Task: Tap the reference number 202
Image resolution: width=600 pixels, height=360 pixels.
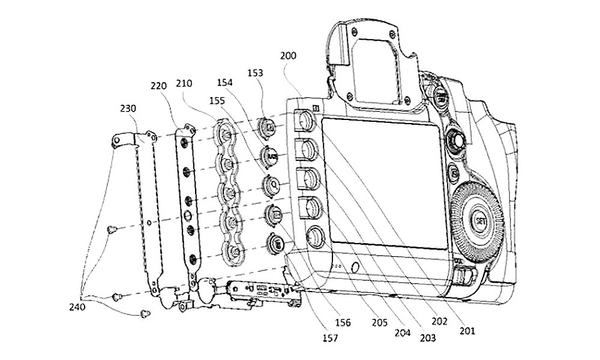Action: coord(440,322)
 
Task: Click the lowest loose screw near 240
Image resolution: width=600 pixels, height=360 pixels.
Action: coord(143,313)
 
